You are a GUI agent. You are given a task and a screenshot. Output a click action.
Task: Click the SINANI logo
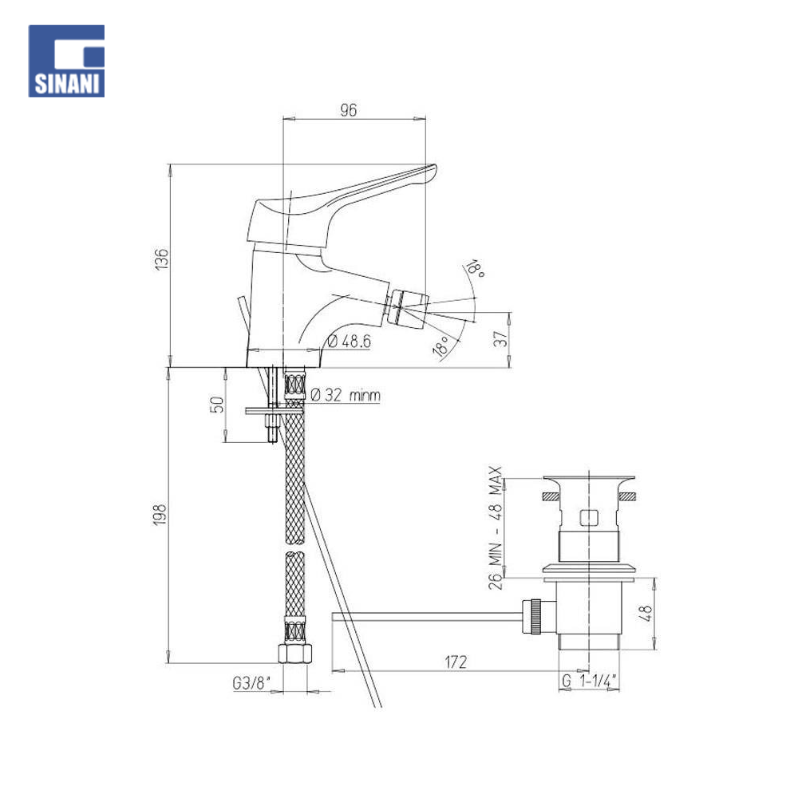point(66,61)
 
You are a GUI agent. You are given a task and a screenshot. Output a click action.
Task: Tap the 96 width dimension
point(349,110)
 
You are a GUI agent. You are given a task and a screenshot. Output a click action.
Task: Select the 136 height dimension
point(161,259)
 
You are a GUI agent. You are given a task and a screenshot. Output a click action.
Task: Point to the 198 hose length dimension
point(160,515)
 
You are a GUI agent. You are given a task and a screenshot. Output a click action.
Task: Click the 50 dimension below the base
point(217,405)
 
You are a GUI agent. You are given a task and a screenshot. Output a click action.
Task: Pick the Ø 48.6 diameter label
point(350,341)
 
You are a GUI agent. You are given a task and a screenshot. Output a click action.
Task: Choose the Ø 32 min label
point(345,395)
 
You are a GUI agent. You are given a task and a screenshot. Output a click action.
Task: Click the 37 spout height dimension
point(501,339)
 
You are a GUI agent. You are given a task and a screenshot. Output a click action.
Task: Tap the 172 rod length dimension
point(456,662)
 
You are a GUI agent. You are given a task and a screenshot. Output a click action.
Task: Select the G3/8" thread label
point(252,682)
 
